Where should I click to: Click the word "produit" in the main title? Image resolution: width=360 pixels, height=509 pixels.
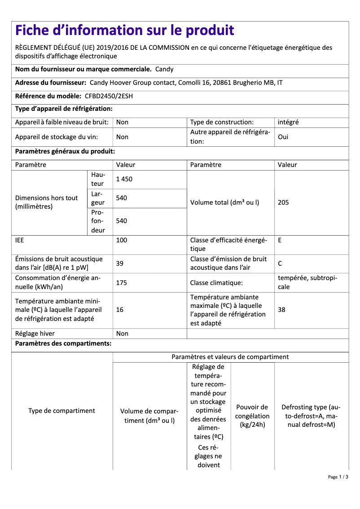click(x=210, y=31)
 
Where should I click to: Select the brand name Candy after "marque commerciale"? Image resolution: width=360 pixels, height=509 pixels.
click(x=164, y=69)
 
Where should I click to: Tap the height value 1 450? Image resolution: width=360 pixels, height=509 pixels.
click(x=124, y=179)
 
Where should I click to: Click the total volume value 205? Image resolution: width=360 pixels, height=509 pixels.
click(x=283, y=202)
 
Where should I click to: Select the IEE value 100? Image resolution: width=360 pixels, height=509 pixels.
click(x=122, y=240)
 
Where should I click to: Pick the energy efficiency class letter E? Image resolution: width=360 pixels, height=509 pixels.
click(x=280, y=240)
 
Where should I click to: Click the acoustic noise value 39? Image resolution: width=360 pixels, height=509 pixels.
click(x=120, y=263)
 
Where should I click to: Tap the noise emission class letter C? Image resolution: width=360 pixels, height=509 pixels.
click(x=280, y=263)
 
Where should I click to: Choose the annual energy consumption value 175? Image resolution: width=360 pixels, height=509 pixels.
click(x=122, y=282)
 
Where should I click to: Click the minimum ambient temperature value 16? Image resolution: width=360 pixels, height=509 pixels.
click(x=120, y=310)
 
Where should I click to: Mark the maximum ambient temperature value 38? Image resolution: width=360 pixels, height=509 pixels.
click(x=282, y=310)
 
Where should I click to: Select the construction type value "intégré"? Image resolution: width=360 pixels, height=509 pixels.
click(x=288, y=122)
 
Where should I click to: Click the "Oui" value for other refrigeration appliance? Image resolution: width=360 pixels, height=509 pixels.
click(x=283, y=137)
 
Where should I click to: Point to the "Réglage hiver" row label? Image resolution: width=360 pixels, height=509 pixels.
click(x=35, y=333)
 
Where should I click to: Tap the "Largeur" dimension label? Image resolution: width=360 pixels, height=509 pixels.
click(x=97, y=198)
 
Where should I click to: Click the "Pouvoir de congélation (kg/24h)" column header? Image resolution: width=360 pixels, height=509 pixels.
click(x=252, y=416)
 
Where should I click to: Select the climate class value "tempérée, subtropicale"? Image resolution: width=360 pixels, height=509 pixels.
click(x=307, y=282)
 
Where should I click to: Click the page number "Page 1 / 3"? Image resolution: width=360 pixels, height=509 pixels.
click(x=338, y=477)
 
